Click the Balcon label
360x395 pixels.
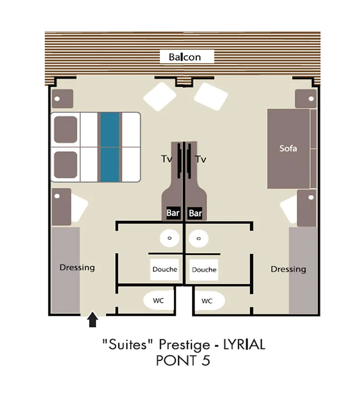tap(184, 57)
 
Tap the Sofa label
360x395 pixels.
tap(288, 148)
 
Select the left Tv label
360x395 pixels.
tap(167, 159)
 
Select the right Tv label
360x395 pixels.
tap(201, 159)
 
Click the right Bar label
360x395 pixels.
tap(195, 213)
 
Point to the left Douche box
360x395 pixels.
tap(165, 269)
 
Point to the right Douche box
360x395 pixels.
tap(204, 270)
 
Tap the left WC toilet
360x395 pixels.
tap(158, 301)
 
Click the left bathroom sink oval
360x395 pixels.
tap(170, 238)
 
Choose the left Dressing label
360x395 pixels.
tap(77, 267)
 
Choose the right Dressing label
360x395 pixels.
tap(288, 269)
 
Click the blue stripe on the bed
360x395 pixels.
tap(110, 147)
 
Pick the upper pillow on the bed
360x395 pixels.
tap(66, 130)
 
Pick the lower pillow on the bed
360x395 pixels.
tap(66, 164)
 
